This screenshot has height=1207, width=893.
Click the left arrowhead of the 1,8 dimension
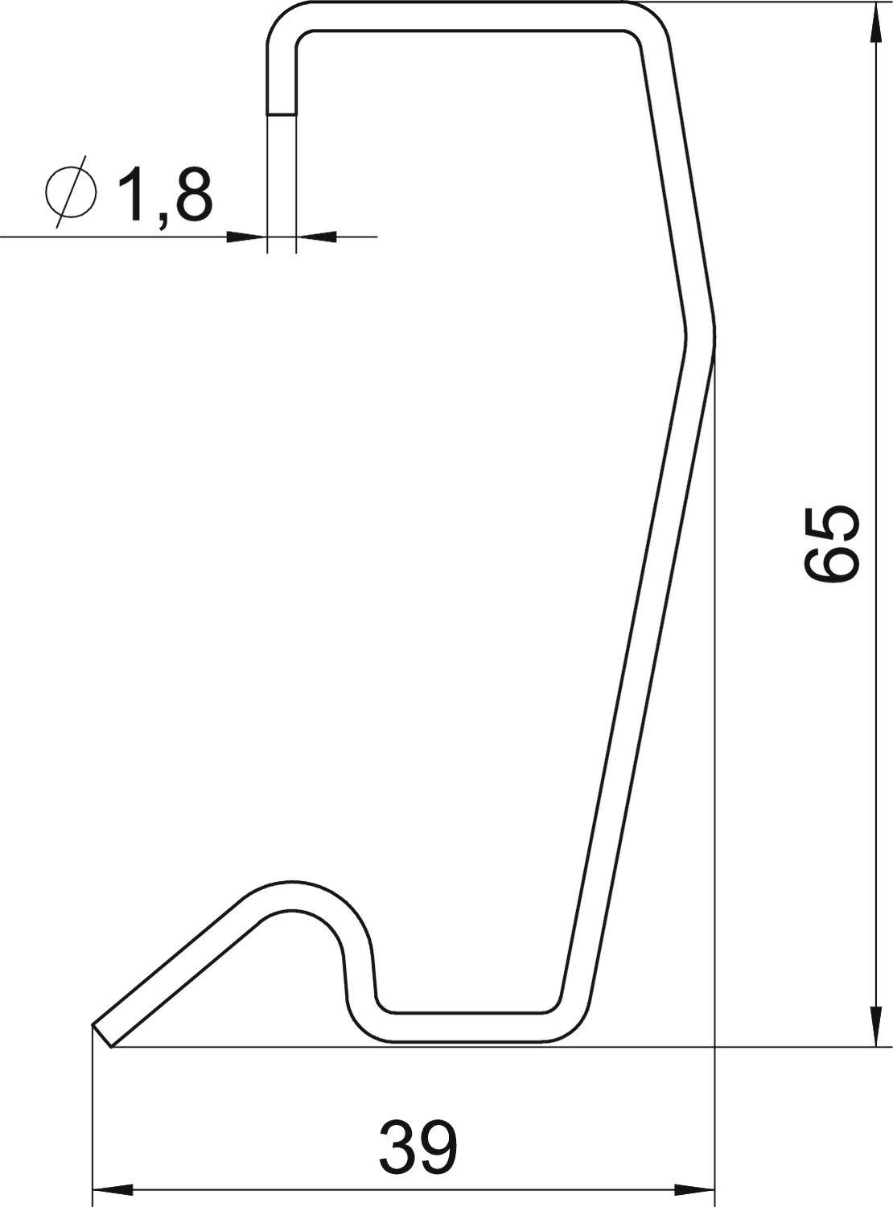click(x=245, y=237)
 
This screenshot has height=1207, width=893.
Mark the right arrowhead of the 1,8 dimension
click(x=316, y=237)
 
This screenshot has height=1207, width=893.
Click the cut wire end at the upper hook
click(x=282, y=114)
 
